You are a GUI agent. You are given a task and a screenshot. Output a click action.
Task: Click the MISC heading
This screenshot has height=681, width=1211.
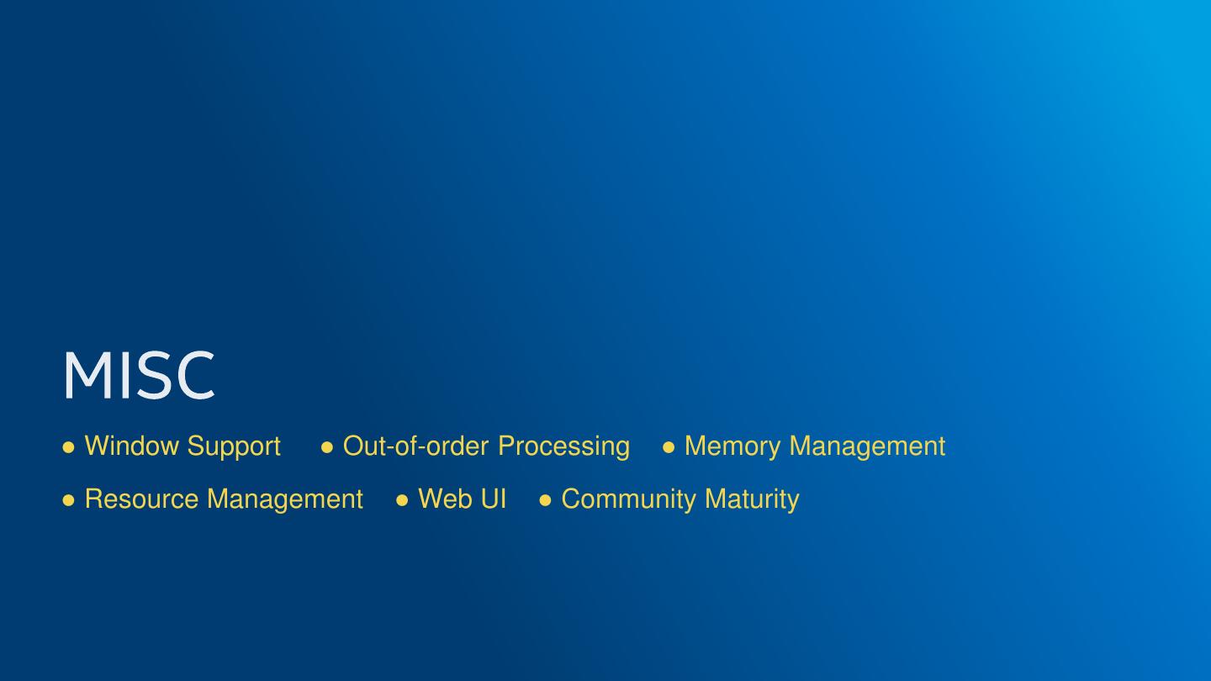click(139, 375)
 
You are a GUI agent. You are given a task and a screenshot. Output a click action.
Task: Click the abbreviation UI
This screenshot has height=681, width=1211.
click(492, 499)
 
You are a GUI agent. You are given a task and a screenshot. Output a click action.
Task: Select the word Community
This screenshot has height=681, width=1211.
click(629, 499)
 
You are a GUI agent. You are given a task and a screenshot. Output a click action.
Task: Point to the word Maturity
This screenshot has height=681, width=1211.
click(752, 499)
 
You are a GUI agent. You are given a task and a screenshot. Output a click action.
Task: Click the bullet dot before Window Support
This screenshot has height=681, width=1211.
click(69, 447)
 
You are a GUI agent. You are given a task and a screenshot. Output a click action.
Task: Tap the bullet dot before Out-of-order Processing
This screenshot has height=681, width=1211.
click(327, 447)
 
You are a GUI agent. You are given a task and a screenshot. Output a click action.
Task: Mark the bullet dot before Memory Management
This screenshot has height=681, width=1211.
click(669, 447)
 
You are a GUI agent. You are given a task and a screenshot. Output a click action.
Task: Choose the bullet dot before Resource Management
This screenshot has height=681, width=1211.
click(69, 500)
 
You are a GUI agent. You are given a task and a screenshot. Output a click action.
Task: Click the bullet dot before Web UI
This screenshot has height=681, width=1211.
click(402, 500)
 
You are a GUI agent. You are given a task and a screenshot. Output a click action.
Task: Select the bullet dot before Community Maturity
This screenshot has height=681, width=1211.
click(545, 500)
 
